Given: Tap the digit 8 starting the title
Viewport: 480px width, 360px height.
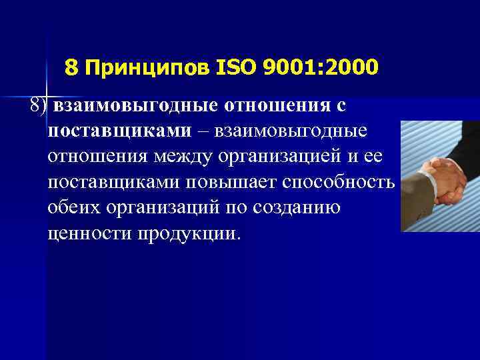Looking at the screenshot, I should (71, 67).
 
